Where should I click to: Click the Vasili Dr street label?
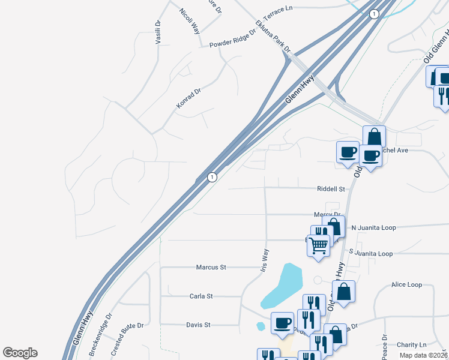pos(158,32)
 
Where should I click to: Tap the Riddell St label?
pos(331,188)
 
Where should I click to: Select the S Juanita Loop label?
pos(370,254)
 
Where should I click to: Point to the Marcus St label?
pos(211,267)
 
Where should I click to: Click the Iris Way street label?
pos(265,260)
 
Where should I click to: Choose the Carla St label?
pos(201,296)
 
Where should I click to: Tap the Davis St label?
pos(198,325)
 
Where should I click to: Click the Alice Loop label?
pos(406,284)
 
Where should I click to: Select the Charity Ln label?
pos(411,345)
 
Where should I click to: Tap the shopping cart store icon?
pos(318,244)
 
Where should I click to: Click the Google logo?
pos(20,353)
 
